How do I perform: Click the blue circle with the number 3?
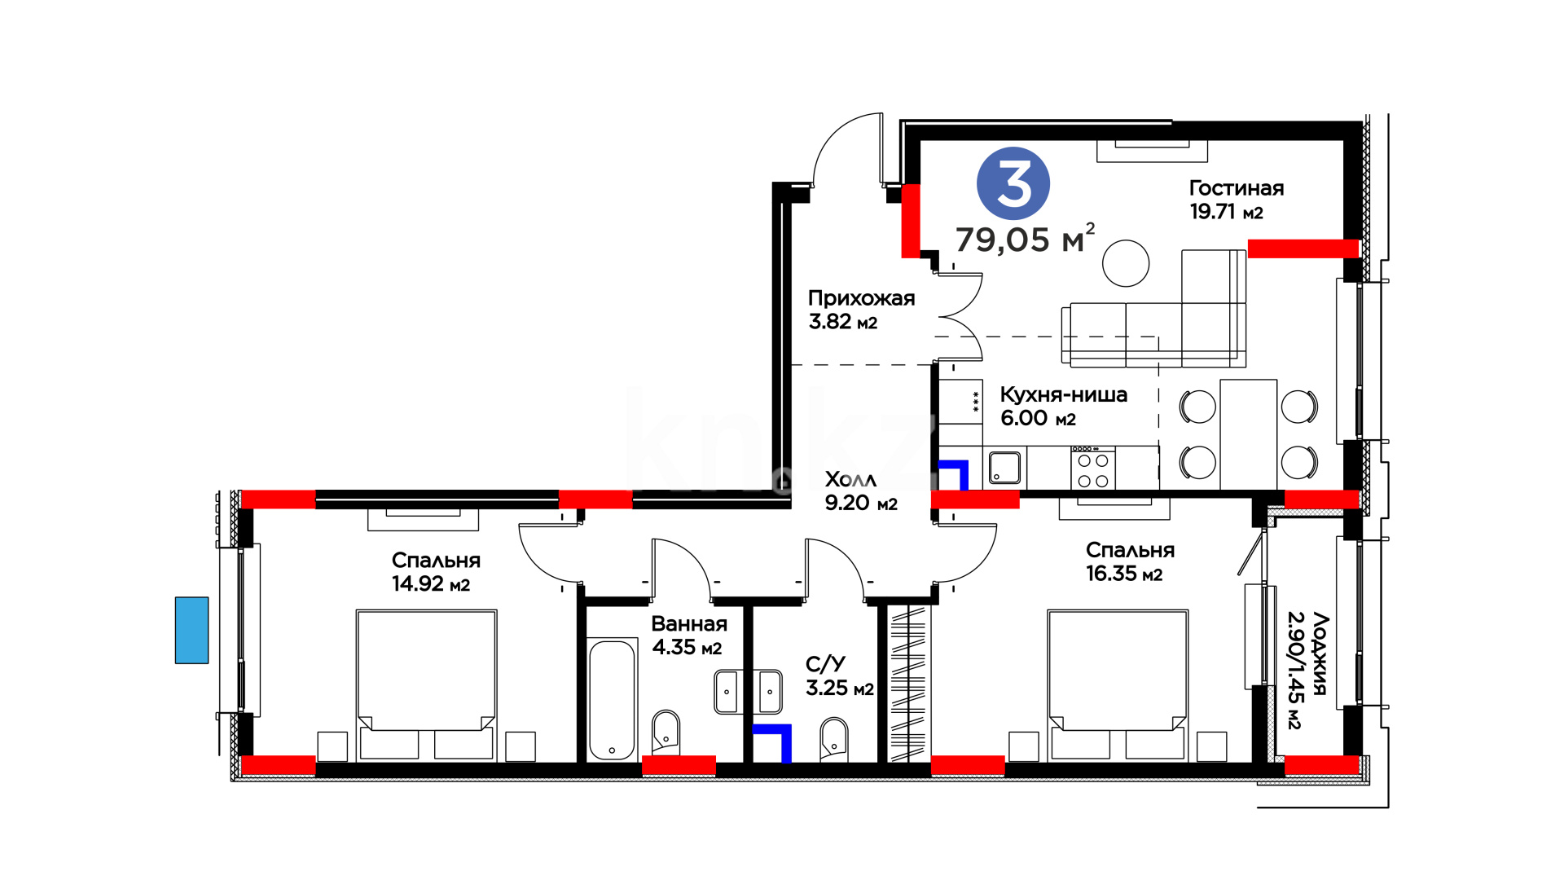[1013, 183]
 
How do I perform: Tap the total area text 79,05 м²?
[1025, 239]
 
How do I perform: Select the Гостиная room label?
[1236, 188]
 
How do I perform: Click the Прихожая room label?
[861, 298]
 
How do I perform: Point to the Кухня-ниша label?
[1063, 394]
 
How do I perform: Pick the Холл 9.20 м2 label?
[861, 491]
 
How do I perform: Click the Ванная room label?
[689, 624]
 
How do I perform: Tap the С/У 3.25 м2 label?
[839, 676]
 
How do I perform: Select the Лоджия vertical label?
[1307, 670]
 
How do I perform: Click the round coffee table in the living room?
[1126, 263]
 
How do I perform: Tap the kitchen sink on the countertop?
[1004, 468]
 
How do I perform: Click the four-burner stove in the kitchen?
[1093, 468]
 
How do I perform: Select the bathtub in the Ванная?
[612, 700]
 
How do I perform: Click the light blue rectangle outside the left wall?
[191, 630]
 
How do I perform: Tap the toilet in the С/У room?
[834, 738]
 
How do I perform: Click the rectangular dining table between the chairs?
[1248, 435]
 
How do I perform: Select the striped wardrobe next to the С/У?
[907, 684]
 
